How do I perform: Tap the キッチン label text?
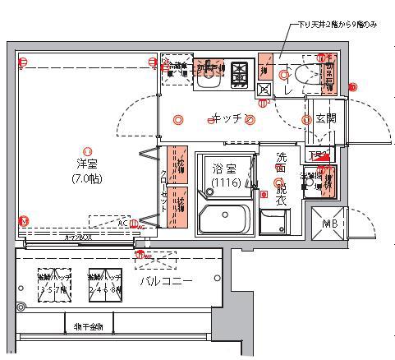226,119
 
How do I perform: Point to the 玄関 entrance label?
325,119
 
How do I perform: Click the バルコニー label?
166,281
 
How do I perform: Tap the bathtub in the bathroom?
224,220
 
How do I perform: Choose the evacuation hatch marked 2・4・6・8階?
105,285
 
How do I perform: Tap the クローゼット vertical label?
163,189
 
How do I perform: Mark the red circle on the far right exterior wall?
353,87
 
